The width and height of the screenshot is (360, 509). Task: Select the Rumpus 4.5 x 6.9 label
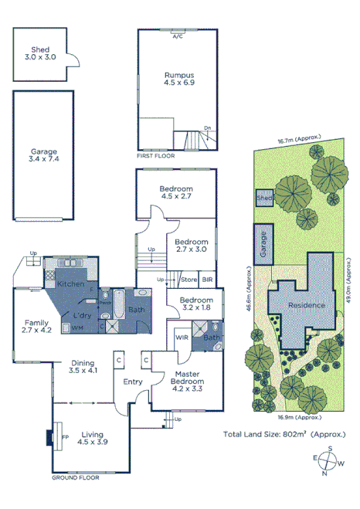(177, 80)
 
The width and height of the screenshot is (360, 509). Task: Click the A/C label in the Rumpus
(177, 36)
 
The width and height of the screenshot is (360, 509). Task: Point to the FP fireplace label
(64, 436)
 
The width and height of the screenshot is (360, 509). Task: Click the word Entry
(133, 382)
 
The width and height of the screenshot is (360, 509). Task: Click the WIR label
(182, 338)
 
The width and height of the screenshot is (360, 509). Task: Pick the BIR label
(208, 279)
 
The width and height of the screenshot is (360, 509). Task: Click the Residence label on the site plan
(306, 305)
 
